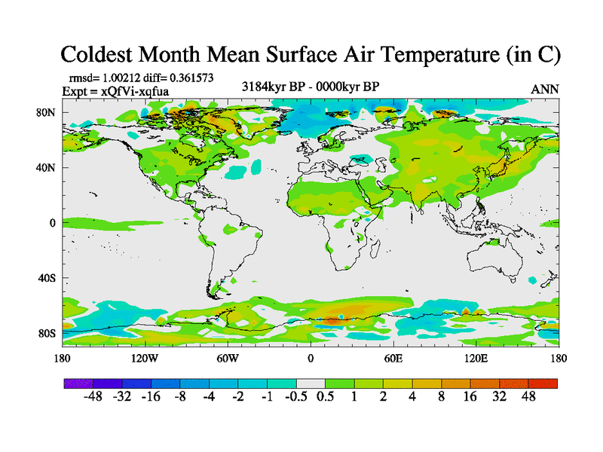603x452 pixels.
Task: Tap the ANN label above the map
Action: pos(545,89)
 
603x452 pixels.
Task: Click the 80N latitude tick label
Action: pos(47,112)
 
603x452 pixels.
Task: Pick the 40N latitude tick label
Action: pos(47,167)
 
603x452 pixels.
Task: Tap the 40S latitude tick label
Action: pos(47,278)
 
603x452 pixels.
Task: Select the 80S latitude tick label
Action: pos(47,333)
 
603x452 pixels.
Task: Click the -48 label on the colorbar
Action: pos(93,397)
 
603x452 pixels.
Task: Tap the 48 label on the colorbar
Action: pos(528,397)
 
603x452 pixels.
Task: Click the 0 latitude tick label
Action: pos(53,223)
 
